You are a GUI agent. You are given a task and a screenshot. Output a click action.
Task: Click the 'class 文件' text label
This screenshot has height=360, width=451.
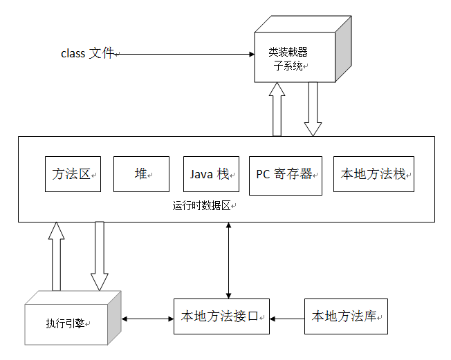pyautogui.click(x=87, y=53)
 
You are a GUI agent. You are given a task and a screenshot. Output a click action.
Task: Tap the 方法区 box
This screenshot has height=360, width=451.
pyautogui.click(x=73, y=174)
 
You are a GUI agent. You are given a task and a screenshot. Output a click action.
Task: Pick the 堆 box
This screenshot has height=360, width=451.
pyautogui.click(x=141, y=174)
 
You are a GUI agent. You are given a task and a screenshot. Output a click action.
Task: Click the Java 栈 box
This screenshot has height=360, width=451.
pyautogui.click(x=210, y=174)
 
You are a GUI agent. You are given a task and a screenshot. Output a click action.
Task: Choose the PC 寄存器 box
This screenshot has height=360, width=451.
pyautogui.click(x=285, y=175)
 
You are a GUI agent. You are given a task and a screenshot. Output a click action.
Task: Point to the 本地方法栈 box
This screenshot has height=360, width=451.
pyautogui.click(x=374, y=174)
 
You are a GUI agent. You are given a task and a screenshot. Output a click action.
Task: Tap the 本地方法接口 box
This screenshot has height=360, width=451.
pyautogui.click(x=221, y=317)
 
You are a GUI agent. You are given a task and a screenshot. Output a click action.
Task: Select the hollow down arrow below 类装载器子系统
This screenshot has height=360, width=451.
pyautogui.click(x=313, y=109)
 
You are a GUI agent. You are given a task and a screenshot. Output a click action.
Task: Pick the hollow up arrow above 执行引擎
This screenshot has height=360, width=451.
pyautogui.click(x=57, y=256)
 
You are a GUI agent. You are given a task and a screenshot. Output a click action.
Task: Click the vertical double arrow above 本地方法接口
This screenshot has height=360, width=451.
pyautogui.click(x=229, y=260)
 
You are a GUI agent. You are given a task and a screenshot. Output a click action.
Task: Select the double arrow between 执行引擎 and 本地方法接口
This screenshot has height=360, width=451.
pyautogui.click(x=147, y=319)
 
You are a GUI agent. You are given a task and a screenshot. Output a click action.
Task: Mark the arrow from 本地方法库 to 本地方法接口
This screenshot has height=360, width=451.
pyautogui.click(x=287, y=319)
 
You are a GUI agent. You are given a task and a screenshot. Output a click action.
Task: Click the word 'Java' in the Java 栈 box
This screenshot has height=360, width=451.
pyautogui.click(x=201, y=174)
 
